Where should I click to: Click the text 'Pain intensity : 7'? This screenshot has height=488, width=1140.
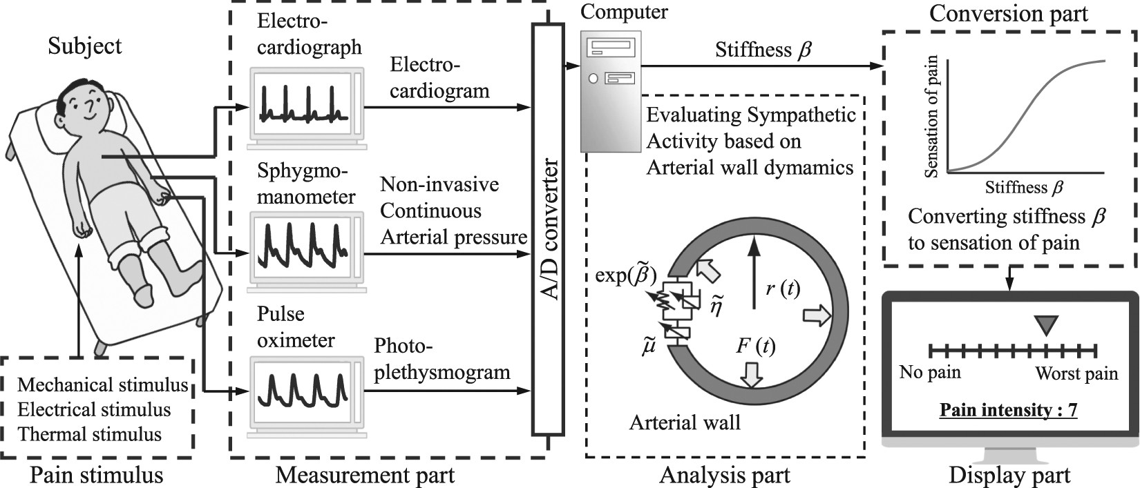(x=1008, y=410)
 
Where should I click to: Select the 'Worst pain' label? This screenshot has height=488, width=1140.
(x=1076, y=374)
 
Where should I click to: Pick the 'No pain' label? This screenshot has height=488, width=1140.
(x=929, y=373)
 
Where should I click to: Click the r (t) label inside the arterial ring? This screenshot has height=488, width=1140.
(x=783, y=289)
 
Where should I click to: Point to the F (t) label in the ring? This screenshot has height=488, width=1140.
(x=755, y=346)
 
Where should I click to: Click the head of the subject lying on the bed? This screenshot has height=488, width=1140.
(x=86, y=104)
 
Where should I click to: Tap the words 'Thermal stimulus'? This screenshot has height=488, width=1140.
(x=90, y=435)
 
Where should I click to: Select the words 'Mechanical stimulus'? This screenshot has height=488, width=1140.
(x=102, y=385)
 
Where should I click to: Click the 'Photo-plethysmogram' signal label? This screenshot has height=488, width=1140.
(x=441, y=359)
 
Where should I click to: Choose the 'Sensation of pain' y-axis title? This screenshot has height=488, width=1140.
(x=932, y=116)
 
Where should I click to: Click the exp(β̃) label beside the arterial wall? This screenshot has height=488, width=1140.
(x=626, y=275)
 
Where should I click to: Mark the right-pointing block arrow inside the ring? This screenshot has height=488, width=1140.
(x=817, y=316)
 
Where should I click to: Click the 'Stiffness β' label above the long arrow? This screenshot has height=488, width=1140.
(x=763, y=50)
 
